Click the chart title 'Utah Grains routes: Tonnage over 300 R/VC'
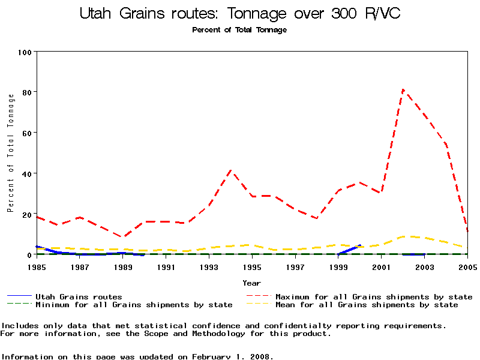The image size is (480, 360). (240, 13)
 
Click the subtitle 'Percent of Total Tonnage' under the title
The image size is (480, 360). (239, 30)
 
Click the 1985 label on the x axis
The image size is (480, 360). (37, 266)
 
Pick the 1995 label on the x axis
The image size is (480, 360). (252, 266)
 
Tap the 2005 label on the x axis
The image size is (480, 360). (467, 266)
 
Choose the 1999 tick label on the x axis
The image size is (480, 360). (338, 266)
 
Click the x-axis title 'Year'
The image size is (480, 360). (252, 283)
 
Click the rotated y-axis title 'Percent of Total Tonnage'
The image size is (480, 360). (10, 153)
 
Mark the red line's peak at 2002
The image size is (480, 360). (403, 90)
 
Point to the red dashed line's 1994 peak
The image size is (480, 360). (231, 170)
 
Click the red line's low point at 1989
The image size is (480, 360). (123, 237)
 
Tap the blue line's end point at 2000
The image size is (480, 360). (360, 245)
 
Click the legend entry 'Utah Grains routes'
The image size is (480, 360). (79, 296)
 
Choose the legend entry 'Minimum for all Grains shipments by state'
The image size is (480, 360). (134, 305)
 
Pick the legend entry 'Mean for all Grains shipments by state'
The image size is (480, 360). (367, 305)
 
